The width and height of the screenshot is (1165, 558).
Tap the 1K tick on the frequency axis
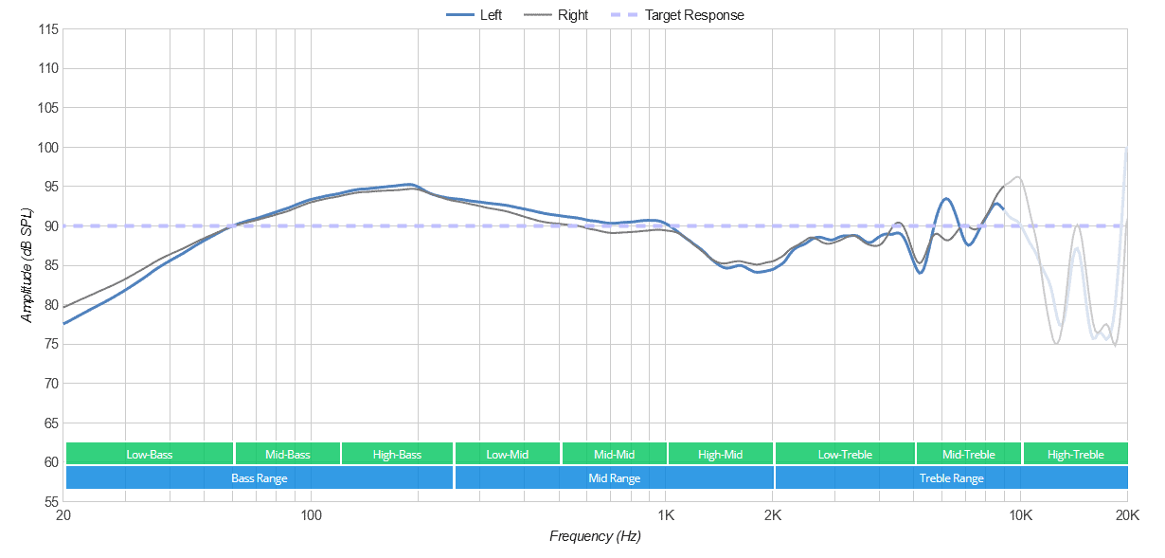[x=666, y=515]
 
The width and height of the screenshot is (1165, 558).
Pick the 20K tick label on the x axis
[x=1127, y=515]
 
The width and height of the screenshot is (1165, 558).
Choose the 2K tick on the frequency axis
[x=773, y=515]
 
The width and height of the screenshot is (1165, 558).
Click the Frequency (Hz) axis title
[x=595, y=537]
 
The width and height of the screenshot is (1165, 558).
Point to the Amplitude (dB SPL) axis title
[x=27, y=265]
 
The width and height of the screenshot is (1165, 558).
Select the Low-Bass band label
[x=150, y=455]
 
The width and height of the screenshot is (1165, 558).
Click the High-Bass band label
[x=397, y=455]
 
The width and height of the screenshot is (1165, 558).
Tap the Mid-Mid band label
[x=614, y=455]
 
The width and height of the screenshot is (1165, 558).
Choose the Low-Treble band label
[x=845, y=455]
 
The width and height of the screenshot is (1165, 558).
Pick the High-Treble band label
[x=1075, y=455]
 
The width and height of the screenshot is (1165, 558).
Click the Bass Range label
[x=260, y=478]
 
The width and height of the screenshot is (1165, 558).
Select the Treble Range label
[x=951, y=478]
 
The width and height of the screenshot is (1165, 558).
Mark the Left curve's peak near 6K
[x=945, y=199]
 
